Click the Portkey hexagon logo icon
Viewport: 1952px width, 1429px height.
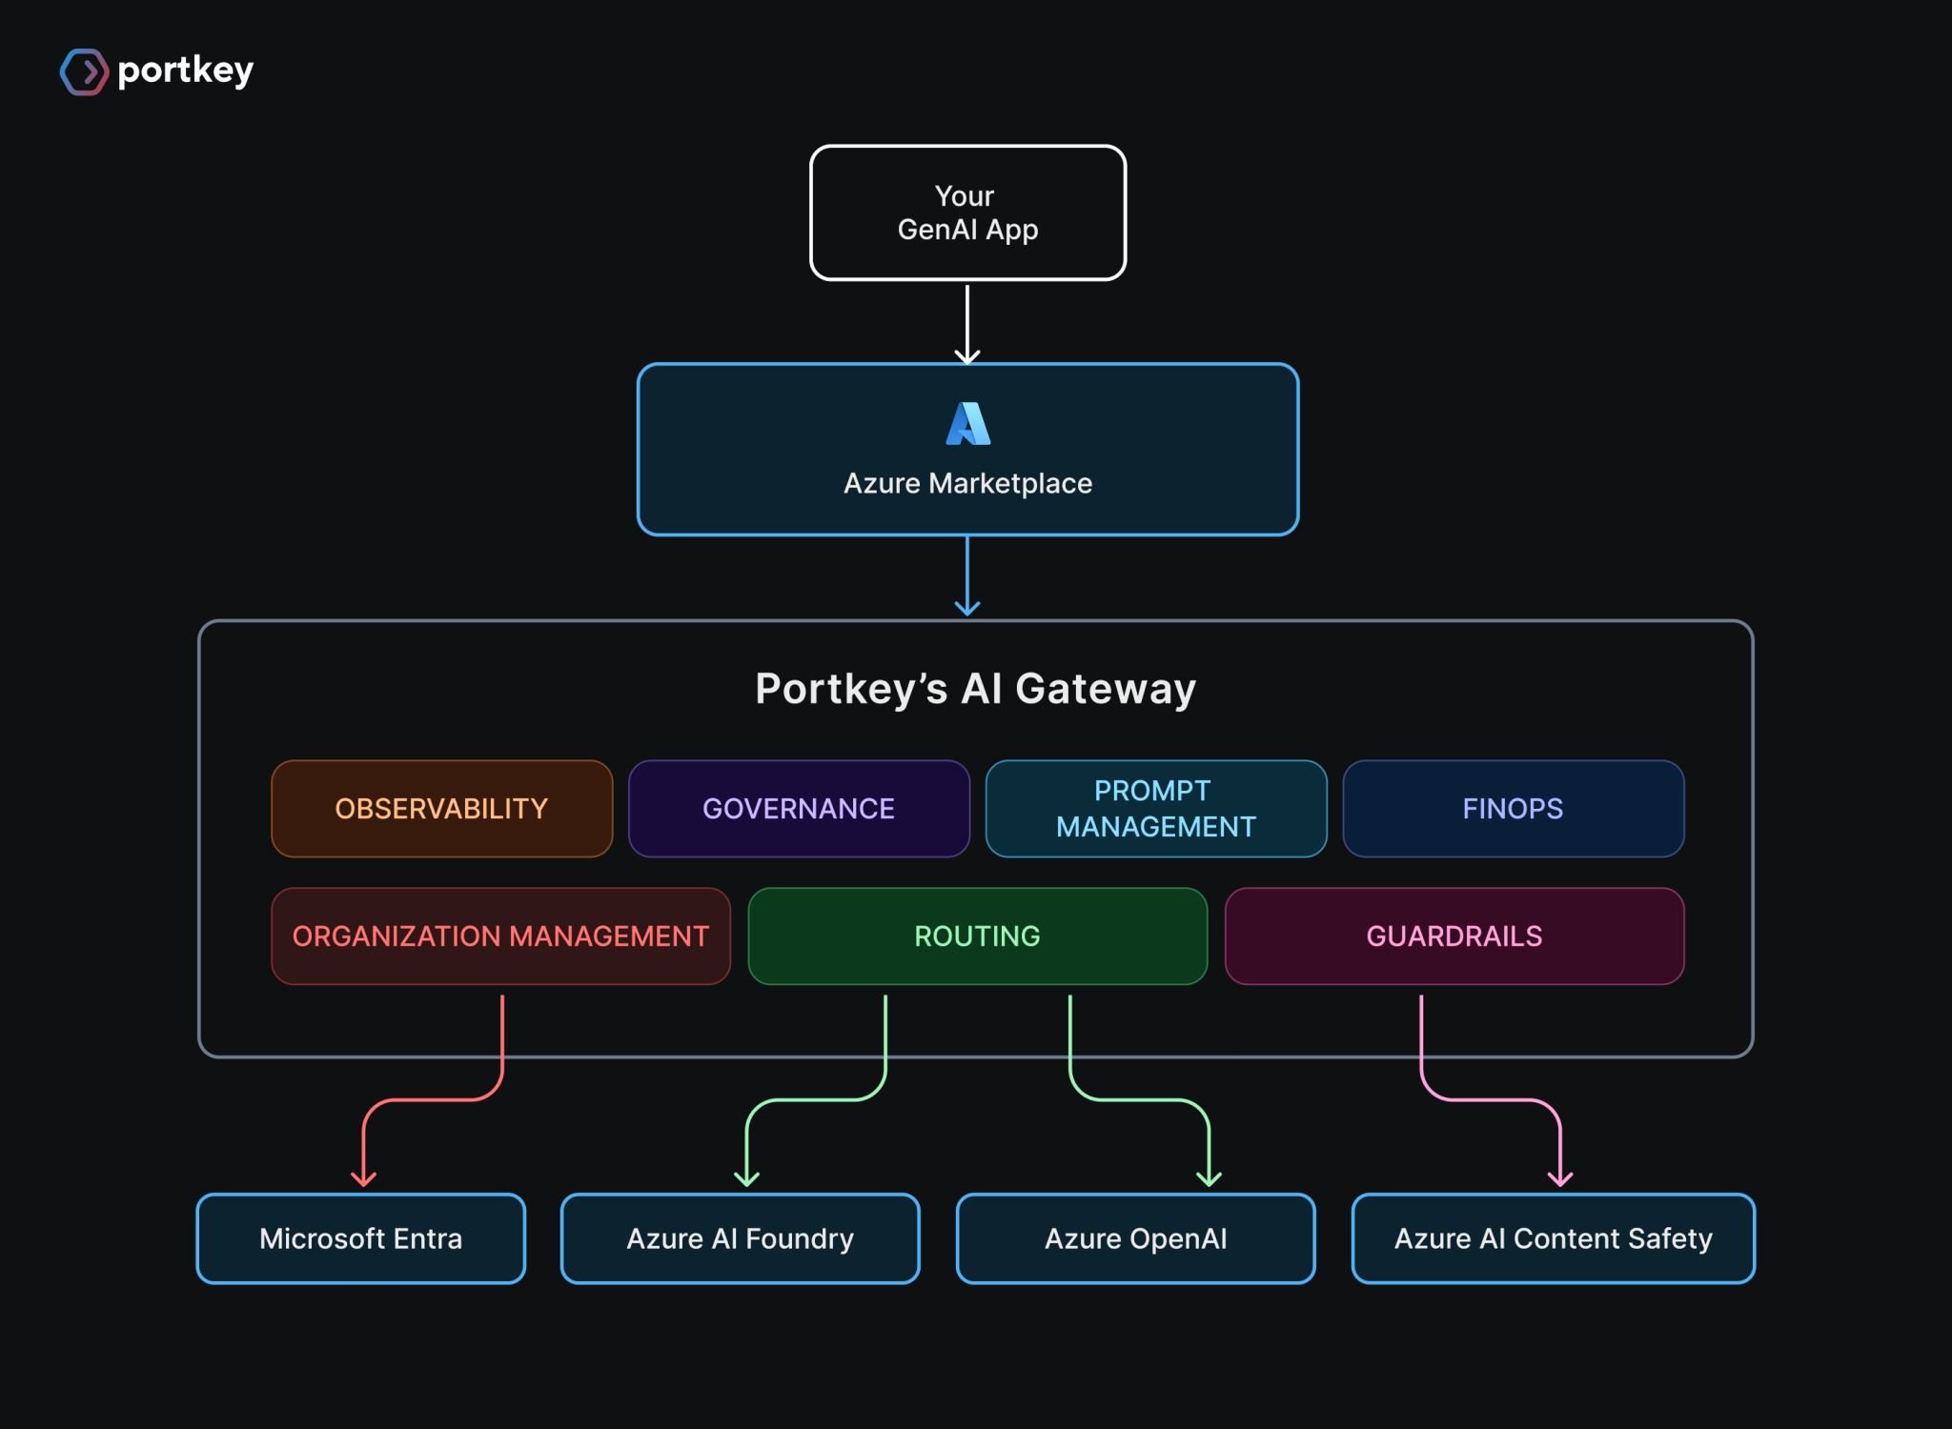tap(84, 71)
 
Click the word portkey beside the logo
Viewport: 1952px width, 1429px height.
tap(186, 70)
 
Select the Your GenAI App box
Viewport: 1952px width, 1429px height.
tap(967, 212)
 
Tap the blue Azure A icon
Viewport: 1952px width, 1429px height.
tap(967, 423)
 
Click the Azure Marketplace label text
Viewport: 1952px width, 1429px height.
tap(967, 483)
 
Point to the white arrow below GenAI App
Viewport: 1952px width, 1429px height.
tap(967, 324)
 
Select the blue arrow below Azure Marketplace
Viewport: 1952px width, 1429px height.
tap(967, 575)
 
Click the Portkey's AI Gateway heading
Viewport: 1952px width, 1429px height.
tap(975, 689)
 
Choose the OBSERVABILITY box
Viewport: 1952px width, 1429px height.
tap(441, 809)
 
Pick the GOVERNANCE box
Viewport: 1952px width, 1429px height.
tap(799, 809)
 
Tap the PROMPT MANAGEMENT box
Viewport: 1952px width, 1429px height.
tap(1156, 809)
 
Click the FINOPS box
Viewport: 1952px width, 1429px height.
tap(1514, 809)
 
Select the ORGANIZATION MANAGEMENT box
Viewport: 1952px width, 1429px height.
tap(500, 936)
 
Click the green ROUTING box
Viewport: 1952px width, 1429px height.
tap(978, 936)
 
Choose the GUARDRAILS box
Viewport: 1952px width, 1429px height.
tap(1454, 936)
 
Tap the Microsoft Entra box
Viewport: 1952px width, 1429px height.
tap(361, 1238)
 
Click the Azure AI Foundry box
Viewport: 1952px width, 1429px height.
tap(741, 1238)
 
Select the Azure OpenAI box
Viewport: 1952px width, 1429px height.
tap(1136, 1238)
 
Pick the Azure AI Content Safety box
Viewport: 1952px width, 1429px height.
tap(1554, 1238)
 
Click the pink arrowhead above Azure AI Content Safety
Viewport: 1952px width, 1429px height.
tap(1560, 1179)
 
